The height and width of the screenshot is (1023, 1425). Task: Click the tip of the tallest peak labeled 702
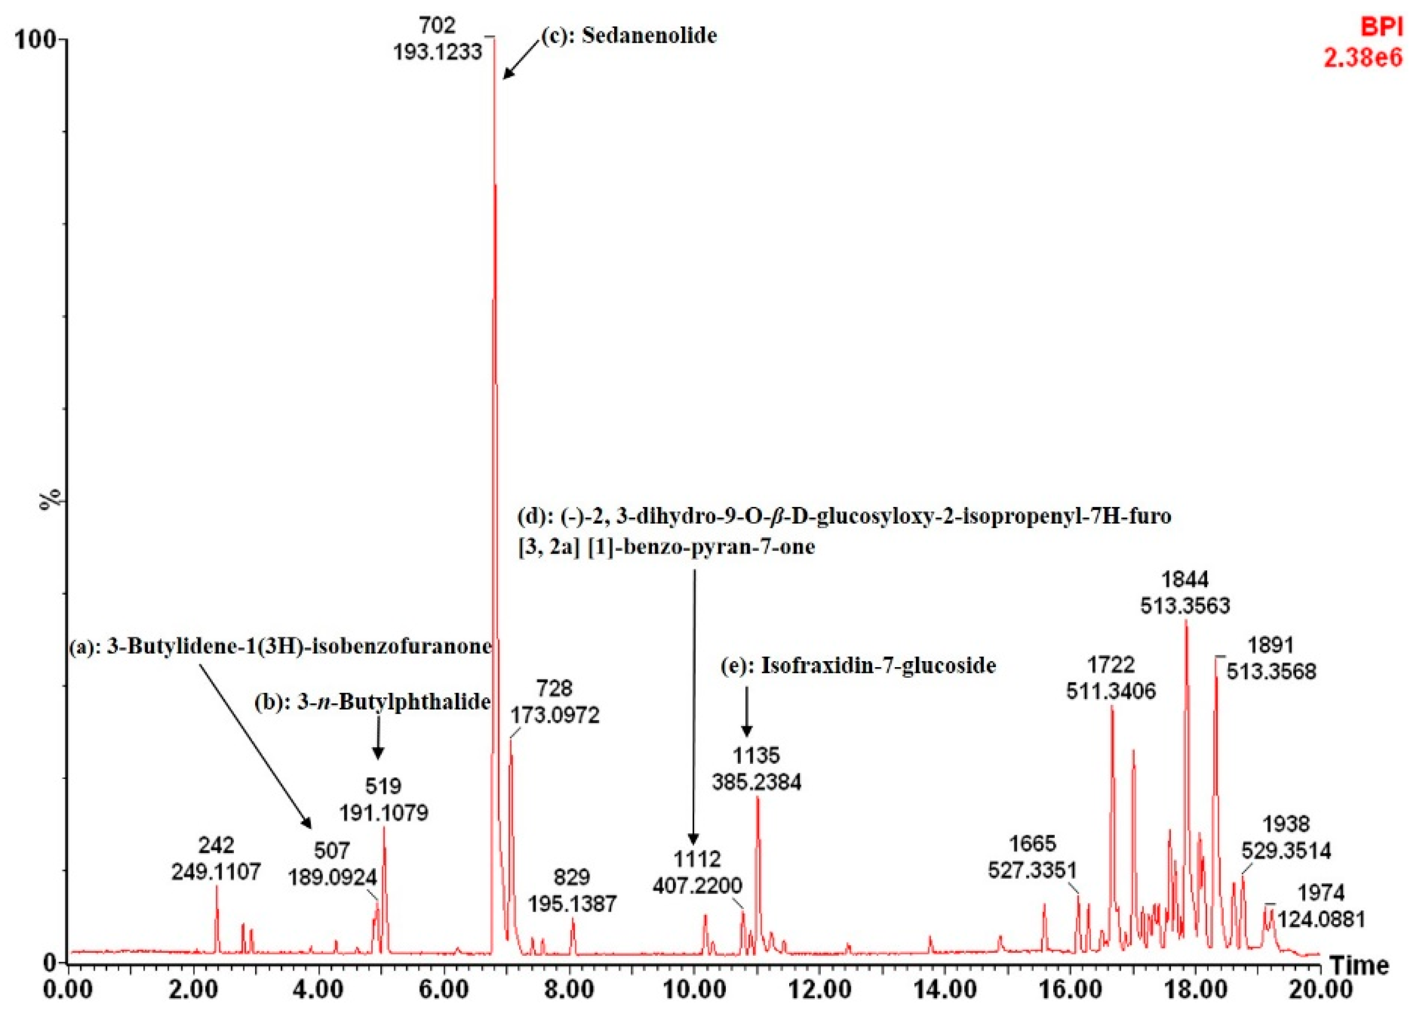494,39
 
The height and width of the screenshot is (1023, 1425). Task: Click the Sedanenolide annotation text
649,35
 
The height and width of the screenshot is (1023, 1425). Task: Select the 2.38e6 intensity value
1363,58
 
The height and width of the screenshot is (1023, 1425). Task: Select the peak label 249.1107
216,872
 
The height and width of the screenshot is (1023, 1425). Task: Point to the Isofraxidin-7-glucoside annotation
878,665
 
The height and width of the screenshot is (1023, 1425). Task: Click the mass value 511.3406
1111,691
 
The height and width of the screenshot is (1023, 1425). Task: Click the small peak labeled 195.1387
572,920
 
